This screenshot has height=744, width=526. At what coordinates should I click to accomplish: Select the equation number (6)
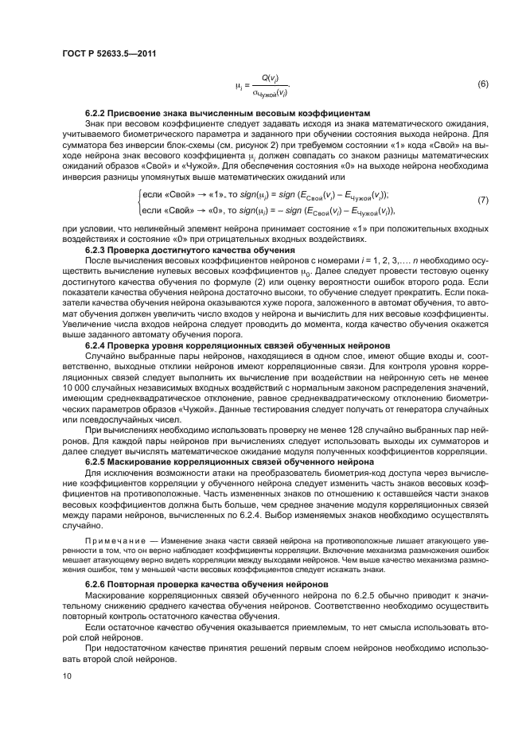pyautogui.click(x=481, y=84)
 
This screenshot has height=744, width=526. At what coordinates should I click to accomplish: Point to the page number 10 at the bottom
pyautogui.click(x=68, y=676)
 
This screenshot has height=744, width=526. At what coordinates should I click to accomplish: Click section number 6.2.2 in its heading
pyautogui.click(x=99, y=115)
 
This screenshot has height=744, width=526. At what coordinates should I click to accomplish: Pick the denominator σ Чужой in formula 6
pyautogui.click(x=269, y=91)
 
